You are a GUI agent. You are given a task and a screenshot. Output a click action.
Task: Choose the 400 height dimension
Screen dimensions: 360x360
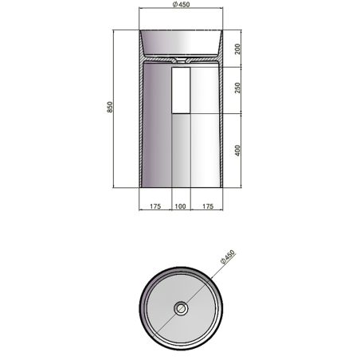click(237, 151)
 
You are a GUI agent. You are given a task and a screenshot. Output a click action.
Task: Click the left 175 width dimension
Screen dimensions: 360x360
click(155, 206)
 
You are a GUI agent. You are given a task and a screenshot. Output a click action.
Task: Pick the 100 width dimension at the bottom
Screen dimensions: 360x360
click(180, 206)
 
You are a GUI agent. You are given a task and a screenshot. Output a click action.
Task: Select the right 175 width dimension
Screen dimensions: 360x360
click(205, 206)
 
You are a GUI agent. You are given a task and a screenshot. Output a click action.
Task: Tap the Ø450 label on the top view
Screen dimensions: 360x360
click(228, 260)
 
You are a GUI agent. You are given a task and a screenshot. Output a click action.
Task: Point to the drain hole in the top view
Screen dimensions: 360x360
click(180, 307)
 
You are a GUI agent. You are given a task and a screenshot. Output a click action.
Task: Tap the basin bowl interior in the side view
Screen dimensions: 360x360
click(180, 44)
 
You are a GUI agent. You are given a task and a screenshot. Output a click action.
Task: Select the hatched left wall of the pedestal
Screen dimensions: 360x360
click(142, 127)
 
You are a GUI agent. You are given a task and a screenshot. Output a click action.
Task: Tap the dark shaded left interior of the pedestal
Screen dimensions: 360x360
click(157, 127)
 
